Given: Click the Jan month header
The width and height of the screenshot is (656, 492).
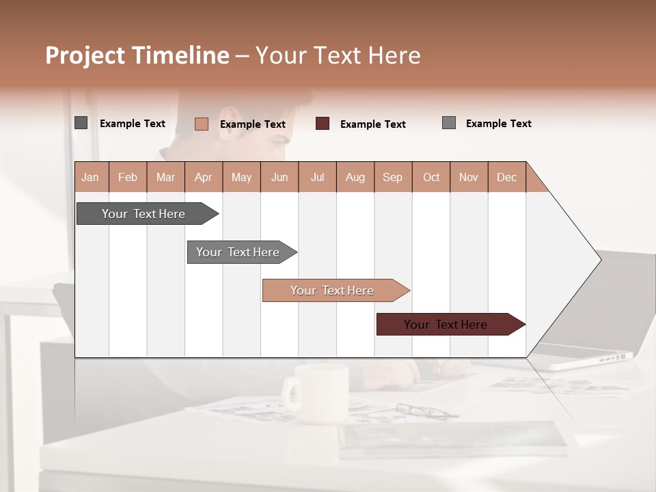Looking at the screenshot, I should point(90,177).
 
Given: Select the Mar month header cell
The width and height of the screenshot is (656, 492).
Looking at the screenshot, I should point(165,177).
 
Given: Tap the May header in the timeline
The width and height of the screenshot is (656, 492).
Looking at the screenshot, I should point(241,177).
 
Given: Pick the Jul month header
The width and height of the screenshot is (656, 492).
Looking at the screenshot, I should point(317,177).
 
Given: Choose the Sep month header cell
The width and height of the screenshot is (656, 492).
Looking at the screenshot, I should point(392,177).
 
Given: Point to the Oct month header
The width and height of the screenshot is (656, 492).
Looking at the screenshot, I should point(431,177).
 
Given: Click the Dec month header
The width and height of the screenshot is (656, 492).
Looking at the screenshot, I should point(506,177).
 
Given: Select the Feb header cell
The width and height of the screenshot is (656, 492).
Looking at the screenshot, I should point(128,177).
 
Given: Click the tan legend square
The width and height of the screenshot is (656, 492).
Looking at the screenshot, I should point(201,124).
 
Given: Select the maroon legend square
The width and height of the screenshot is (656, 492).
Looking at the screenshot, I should point(323,124).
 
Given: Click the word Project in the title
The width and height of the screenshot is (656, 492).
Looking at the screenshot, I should point(85,55).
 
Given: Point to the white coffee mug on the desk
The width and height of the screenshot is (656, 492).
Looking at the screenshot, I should point(318,394).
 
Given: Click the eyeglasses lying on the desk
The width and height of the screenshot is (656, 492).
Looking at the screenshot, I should point(424,411).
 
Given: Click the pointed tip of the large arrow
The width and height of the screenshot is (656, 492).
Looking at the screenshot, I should point(599,259).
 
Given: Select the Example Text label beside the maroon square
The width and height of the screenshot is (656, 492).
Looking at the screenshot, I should point(372,124).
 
